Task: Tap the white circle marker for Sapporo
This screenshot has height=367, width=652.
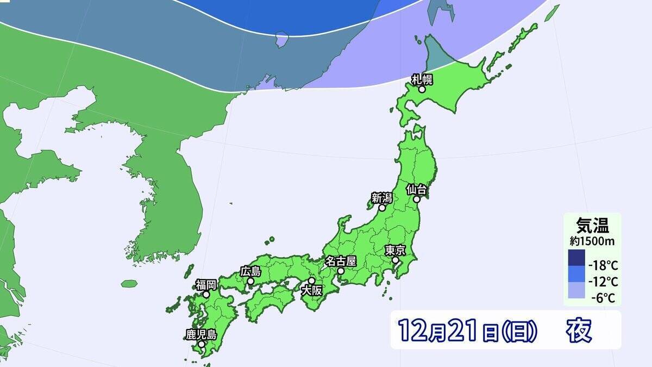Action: click(422, 89)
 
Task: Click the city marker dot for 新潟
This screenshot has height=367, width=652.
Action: click(382, 208)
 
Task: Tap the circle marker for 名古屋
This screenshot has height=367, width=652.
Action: click(340, 271)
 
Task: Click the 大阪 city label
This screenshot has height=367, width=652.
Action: click(311, 290)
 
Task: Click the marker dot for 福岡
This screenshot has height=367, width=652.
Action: click(206, 294)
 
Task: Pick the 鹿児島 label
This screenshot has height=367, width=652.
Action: click(201, 334)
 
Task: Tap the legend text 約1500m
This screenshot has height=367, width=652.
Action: click(592, 239)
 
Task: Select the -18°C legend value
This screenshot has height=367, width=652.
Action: click(603, 266)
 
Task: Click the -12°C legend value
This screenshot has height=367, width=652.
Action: click(603, 282)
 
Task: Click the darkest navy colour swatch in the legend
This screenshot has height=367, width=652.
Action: click(576, 259)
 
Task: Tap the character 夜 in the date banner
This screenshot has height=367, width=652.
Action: click(579, 330)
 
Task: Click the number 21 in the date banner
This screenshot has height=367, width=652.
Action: click(462, 330)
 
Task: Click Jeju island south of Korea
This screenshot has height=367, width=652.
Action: click(129, 284)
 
